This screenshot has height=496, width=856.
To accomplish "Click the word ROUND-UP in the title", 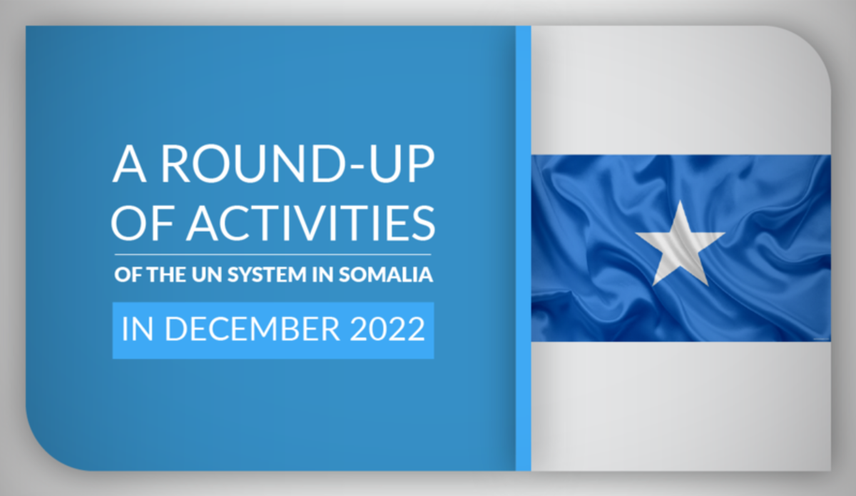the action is pos(297,164).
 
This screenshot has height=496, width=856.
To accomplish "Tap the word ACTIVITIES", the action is pos(311,223).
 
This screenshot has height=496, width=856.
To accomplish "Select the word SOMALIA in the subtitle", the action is pos(386,274).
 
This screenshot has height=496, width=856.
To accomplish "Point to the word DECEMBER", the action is pos(253,328).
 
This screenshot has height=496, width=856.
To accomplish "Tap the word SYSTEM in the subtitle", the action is pos(267,274).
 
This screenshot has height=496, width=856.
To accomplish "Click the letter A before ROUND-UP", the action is pos(130,164).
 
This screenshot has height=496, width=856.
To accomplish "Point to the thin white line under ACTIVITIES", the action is pos(272,254).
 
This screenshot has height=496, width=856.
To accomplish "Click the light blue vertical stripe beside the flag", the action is pos(523,248).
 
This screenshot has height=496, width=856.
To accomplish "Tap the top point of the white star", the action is pos(681,201).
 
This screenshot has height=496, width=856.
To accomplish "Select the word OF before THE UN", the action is pos(128,274).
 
